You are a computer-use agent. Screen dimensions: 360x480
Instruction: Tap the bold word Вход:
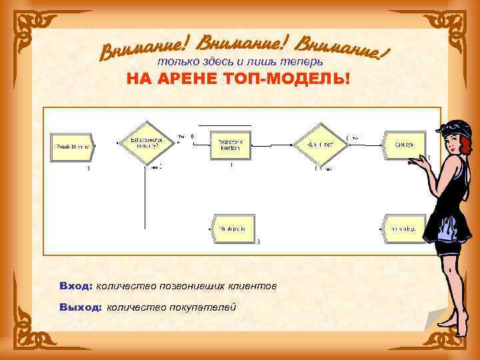75,286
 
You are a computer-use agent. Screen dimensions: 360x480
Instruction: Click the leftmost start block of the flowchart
73,145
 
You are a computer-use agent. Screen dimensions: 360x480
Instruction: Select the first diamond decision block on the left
145,141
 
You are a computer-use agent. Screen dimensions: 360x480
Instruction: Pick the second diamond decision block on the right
318,143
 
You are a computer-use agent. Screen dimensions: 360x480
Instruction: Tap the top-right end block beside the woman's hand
403,144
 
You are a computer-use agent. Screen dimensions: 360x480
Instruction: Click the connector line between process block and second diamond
273,143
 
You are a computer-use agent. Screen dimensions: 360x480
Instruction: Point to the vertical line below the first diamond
145,200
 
